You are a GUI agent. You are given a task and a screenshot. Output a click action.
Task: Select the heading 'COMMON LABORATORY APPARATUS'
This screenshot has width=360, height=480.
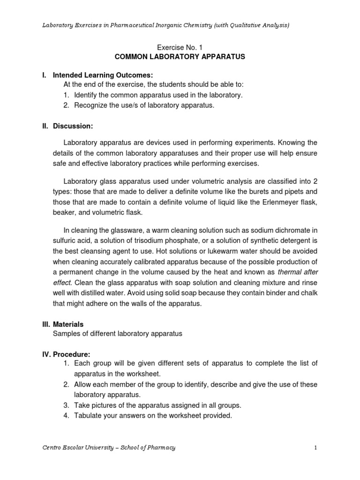[180, 57]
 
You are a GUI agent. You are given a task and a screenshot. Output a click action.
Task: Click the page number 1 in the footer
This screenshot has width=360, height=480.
[316, 448]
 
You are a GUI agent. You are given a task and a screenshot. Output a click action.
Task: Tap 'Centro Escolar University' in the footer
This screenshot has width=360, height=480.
[75, 448]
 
